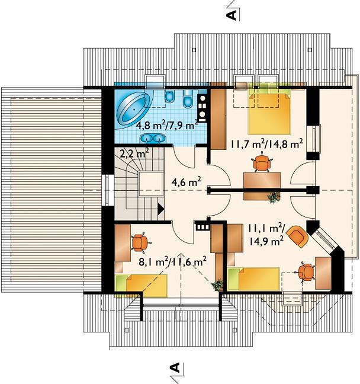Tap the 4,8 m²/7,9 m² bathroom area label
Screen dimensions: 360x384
167,126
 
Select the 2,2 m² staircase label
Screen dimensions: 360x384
134,153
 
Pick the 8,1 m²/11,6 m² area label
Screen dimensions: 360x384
172,261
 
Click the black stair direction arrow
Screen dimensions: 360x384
160,209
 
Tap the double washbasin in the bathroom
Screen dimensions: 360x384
153,138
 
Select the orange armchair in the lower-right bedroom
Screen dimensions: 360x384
298,236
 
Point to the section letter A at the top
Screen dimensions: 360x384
232,15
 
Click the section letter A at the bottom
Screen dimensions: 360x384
174,368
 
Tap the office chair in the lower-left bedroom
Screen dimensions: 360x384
139,243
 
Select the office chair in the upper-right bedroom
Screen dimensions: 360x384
262,162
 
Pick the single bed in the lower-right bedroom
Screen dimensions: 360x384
253,279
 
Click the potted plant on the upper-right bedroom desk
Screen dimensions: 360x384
273,197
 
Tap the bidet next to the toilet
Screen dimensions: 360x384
169,96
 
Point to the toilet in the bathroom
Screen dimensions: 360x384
188,99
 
